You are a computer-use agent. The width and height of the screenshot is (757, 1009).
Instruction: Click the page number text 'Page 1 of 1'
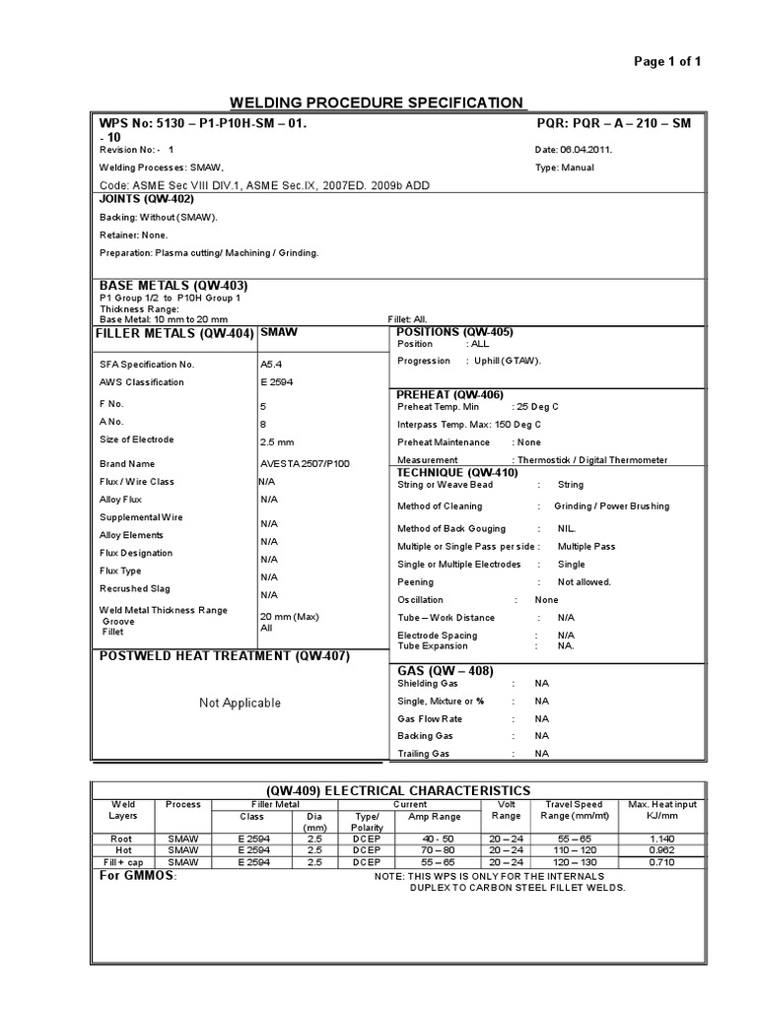(x=667, y=61)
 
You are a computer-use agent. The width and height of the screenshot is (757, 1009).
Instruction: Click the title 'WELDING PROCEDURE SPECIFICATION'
(x=378, y=102)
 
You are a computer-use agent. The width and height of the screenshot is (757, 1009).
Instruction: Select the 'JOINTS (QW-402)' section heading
(x=154, y=198)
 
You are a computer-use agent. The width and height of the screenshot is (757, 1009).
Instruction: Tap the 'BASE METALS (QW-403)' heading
(x=167, y=285)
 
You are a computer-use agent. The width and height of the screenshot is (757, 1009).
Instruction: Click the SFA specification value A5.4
(x=270, y=364)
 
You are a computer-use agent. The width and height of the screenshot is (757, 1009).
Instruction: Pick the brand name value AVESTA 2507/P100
(x=305, y=463)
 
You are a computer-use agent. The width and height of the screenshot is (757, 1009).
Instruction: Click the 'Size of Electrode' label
(x=137, y=439)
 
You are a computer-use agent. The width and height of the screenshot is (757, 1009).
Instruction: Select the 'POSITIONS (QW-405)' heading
(x=454, y=332)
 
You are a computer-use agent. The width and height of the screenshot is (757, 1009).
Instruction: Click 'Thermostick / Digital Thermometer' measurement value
(x=589, y=460)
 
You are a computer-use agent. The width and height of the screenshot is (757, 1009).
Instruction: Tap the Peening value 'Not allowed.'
(x=585, y=581)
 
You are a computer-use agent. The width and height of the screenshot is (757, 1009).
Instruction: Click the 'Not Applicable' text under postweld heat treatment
(x=240, y=703)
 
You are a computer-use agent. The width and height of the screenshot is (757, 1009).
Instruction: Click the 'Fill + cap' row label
(x=124, y=861)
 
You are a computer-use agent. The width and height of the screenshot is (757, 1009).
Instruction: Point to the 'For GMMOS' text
(x=138, y=875)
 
